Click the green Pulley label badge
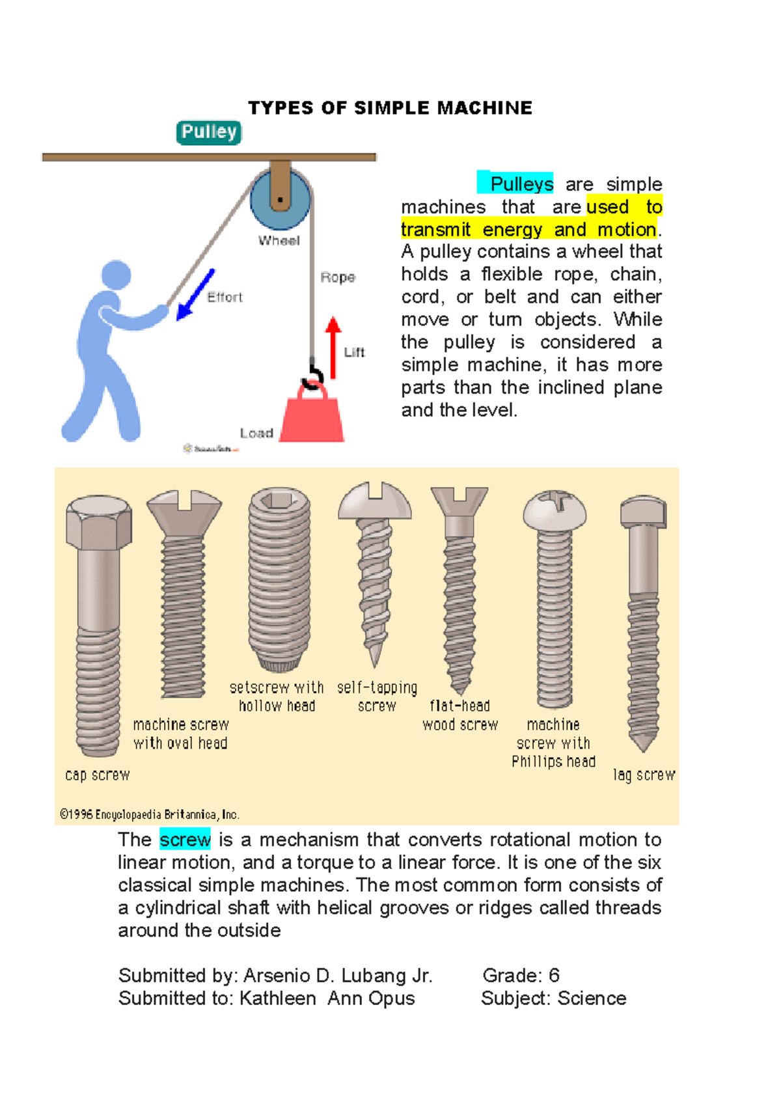pos(209,132)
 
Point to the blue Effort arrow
pos(195,295)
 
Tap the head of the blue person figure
pos(116,275)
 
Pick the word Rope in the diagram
pos(338,277)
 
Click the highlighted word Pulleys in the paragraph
pos(521,184)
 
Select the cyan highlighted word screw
pos(185,840)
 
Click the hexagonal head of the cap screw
pos(99,522)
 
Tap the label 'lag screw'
pos(644,775)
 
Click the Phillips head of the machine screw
pos(555,509)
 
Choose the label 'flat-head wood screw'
pos(460,715)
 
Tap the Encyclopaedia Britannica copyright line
pos(150,814)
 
